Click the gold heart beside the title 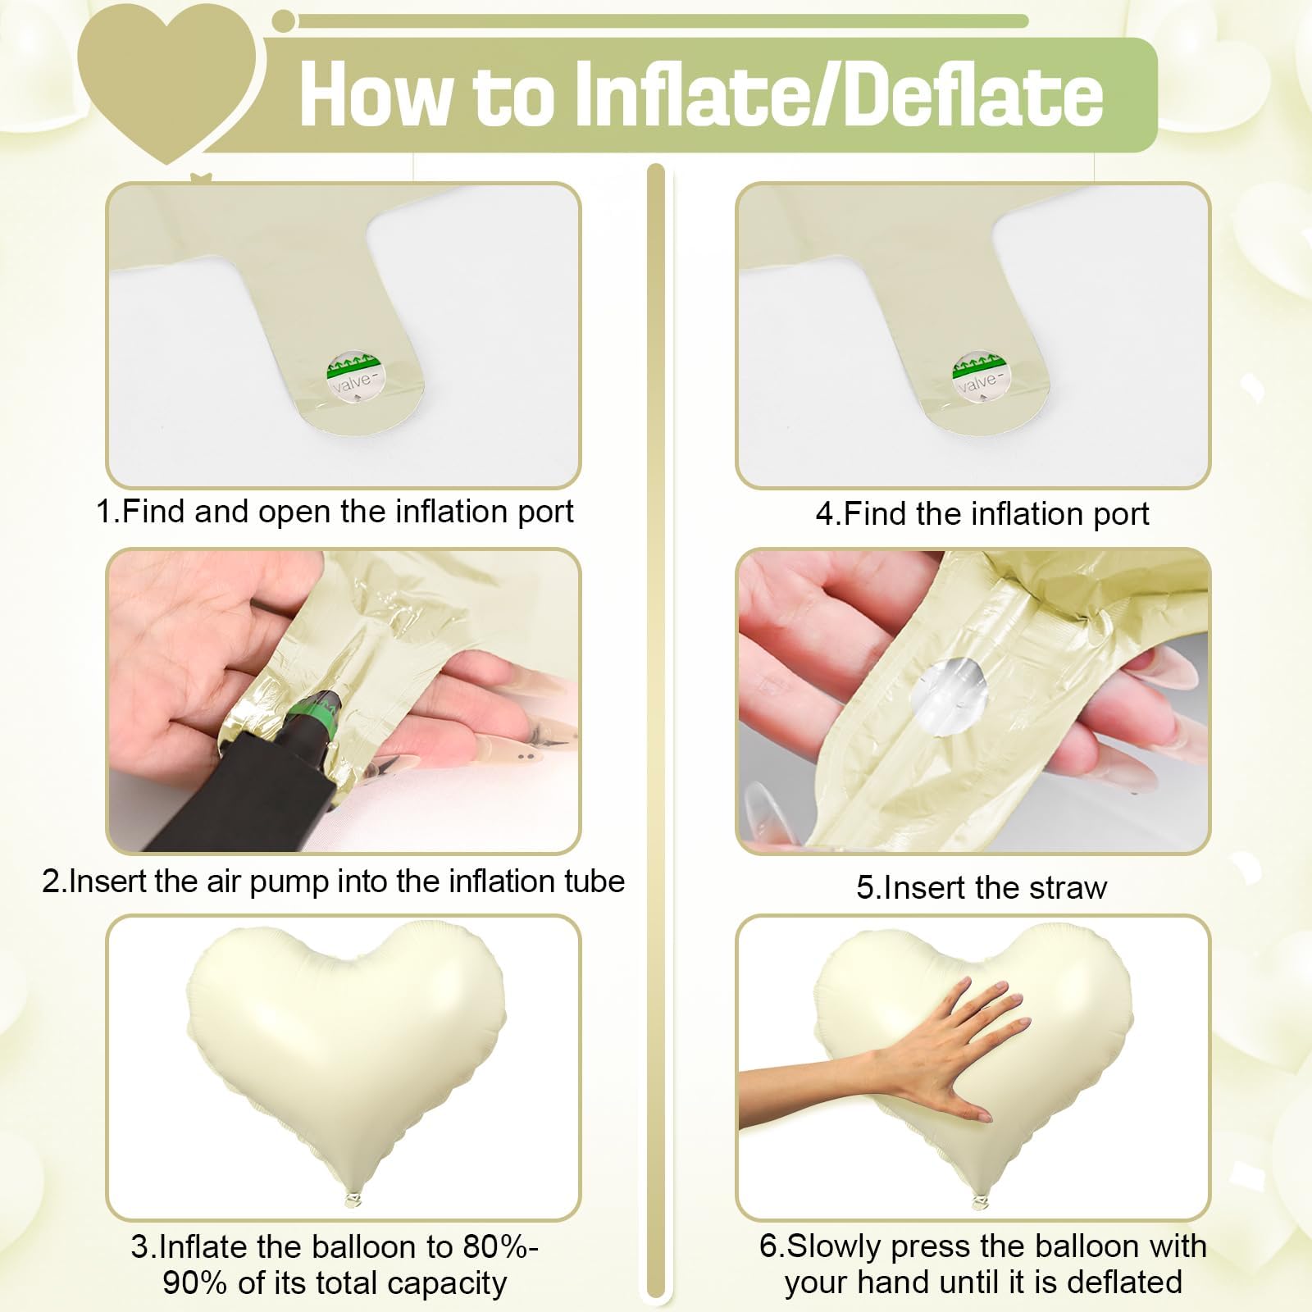[x=168, y=78]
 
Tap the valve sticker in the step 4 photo [x=982, y=378]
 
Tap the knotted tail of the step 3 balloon [x=351, y=1200]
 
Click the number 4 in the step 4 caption [x=824, y=514]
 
